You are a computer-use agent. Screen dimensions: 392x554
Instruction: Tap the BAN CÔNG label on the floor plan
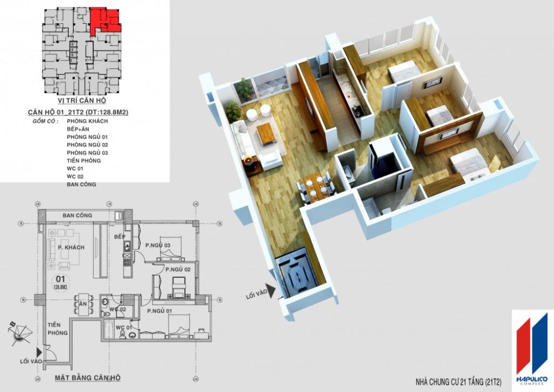tap(77, 215)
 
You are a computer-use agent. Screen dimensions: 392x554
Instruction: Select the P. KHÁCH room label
tap(71, 247)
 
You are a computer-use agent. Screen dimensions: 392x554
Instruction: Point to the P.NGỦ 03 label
tap(157, 245)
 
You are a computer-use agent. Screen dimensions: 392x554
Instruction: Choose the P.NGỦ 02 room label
tap(178, 269)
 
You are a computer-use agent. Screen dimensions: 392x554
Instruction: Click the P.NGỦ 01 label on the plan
tap(161, 312)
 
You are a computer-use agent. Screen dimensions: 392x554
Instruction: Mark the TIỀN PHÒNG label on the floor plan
tap(57, 329)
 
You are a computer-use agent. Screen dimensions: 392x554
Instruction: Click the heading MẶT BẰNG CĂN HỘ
tap(88, 378)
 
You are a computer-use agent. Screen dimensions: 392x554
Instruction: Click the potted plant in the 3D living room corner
tap(243, 87)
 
